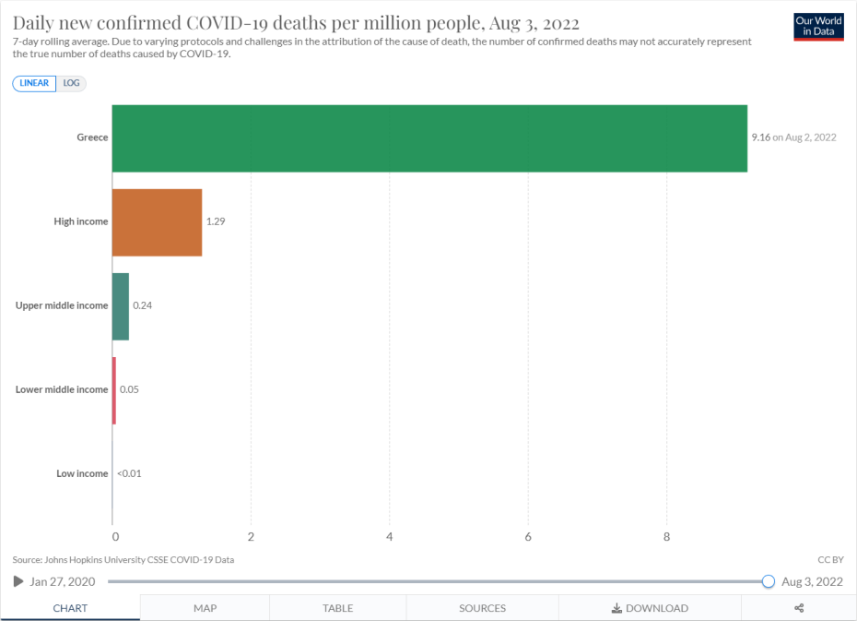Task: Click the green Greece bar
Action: point(429,138)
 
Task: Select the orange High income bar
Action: point(157,222)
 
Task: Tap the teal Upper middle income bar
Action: point(121,306)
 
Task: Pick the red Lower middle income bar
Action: point(114,390)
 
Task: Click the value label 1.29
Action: point(216,222)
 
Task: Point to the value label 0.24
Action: point(142,305)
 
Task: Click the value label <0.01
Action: point(129,473)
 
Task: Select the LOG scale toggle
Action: point(72,83)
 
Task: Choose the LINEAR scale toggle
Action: point(35,83)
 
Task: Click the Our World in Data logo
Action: point(818,27)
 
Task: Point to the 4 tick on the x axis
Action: point(390,536)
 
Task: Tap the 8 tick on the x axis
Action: point(666,536)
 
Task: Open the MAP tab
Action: point(205,608)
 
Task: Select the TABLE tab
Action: point(337,608)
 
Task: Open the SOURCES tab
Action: point(482,608)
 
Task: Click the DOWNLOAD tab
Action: point(650,608)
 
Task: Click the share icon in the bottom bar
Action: point(799,608)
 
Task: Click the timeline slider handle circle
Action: point(769,581)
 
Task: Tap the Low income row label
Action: point(82,473)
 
